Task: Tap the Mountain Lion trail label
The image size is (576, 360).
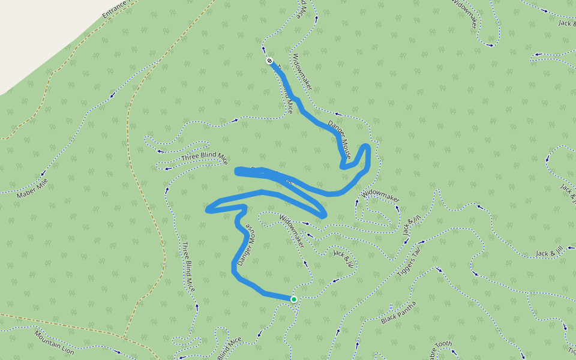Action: point(54,342)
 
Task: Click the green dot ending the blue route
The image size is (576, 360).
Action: point(294,299)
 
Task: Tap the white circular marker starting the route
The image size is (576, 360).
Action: point(269,61)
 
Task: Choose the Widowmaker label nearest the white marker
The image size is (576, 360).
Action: point(302,72)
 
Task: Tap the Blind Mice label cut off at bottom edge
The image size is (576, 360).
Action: point(229,348)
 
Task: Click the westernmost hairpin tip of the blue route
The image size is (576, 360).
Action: point(208,210)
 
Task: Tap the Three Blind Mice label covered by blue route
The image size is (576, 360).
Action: point(286,100)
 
